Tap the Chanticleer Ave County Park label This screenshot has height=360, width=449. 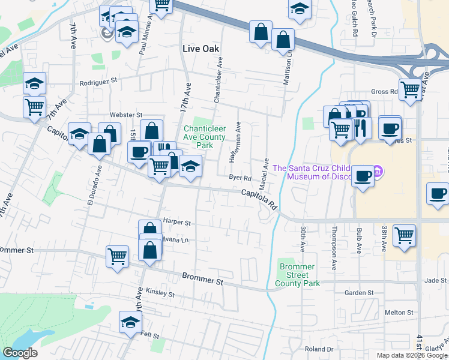[x=205, y=137]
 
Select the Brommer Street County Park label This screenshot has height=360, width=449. [x=297, y=275]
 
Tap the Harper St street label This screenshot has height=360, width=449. [x=176, y=223]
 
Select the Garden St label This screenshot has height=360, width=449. [x=359, y=293]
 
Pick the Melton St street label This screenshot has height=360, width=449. [x=399, y=313]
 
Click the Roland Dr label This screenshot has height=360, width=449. [x=318, y=349]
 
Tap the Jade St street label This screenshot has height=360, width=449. [x=435, y=280]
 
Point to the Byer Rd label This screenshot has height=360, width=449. [x=240, y=177]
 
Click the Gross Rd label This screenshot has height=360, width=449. [x=384, y=92]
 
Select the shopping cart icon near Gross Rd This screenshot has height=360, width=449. [x=410, y=89]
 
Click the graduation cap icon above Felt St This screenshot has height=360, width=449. [x=130, y=322]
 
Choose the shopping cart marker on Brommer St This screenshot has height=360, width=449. [x=117, y=256]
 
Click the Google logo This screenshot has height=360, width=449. [x=20, y=352]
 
